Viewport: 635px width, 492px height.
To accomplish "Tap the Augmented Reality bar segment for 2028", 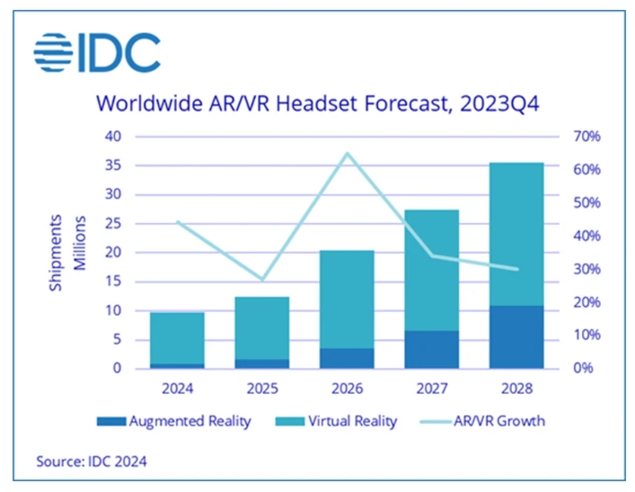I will pyautogui.click(x=516, y=337).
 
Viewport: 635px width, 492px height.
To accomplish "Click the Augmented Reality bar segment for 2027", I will pyautogui.click(x=431, y=349).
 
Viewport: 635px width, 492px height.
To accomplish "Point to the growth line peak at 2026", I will pyautogui.click(x=347, y=154).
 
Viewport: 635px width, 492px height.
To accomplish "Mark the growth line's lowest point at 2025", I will pyautogui.click(x=261, y=280).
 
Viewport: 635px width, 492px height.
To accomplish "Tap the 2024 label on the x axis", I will pyautogui.click(x=177, y=389).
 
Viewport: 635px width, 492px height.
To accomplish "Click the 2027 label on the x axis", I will pyautogui.click(x=431, y=389).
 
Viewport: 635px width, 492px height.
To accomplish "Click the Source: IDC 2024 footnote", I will pyautogui.click(x=92, y=461).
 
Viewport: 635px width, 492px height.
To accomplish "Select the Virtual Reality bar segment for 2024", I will pyautogui.click(x=177, y=338).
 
